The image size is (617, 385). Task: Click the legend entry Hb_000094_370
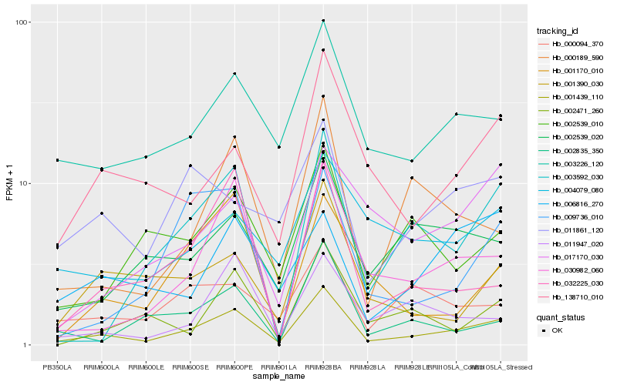[x=575, y=44]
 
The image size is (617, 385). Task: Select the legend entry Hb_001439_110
[x=575, y=97]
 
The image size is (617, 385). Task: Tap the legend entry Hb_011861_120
[x=575, y=229]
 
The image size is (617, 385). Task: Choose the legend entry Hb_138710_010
[x=575, y=296]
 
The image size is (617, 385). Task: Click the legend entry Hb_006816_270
[x=575, y=203]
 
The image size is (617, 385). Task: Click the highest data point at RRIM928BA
[x=323, y=21]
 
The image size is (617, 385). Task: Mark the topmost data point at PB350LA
[x=57, y=160]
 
